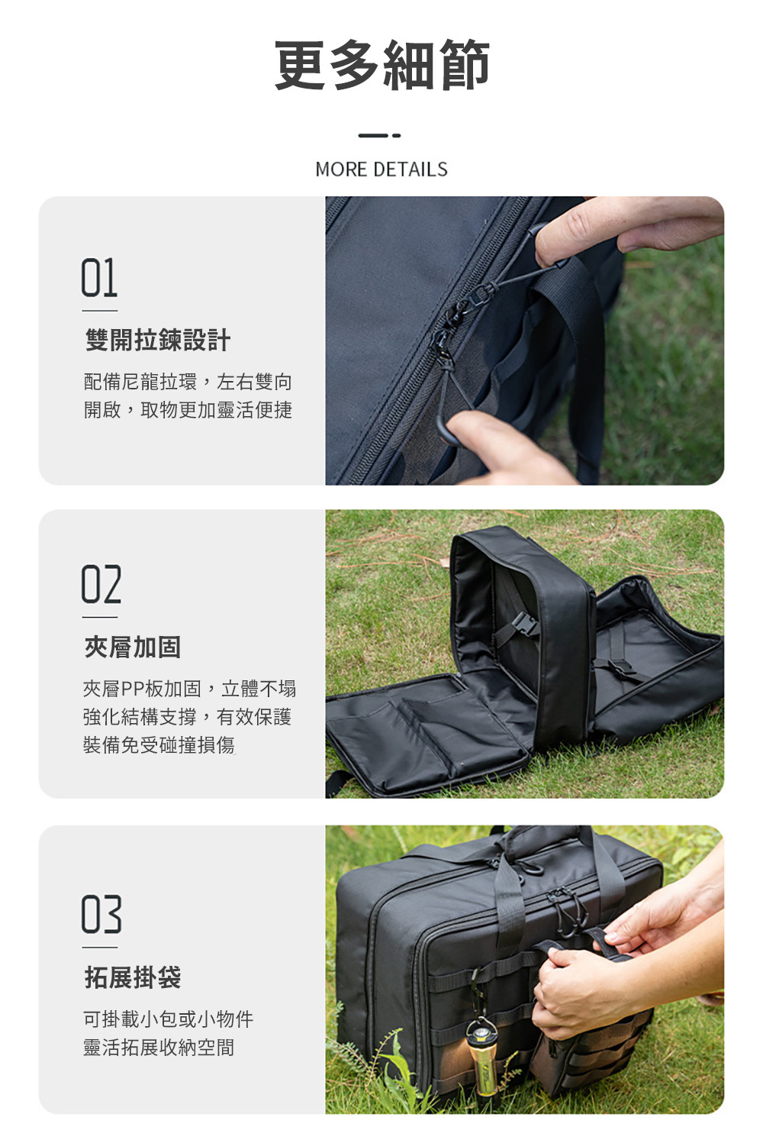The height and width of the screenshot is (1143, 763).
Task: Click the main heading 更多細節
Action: pyautogui.click(x=381, y=65)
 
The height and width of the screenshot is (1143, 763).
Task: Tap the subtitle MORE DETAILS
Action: pyautogui.click(x=381, y=170)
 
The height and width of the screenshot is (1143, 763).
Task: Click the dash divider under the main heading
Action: pyautogui.click(x=379, y=136)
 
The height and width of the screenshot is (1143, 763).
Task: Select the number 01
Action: pyautogui.click(x=99, y=278)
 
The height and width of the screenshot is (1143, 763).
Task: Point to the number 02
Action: pyautogui.click(x=101, y=584)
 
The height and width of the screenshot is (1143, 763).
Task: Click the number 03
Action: pyautogui.click(x=101, y=914)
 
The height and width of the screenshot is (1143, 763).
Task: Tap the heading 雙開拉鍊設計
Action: pyautogui.click(x=158, y=340)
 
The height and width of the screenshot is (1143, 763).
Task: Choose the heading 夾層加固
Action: pyautogui.click(x=133, y=647)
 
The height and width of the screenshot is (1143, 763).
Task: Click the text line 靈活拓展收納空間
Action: pyautogui.click(x=159, y=1048)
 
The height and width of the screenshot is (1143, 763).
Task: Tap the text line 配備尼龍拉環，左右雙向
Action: pyautogui.click(x=188, y=382)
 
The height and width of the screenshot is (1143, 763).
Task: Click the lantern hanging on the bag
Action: pyautogui.click(x=481, y=1056)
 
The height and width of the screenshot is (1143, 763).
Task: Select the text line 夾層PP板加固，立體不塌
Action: pyautogui.click(x=189, y=689)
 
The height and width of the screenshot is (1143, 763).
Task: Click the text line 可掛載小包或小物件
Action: pyautogui.click(x=169, y=1019)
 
